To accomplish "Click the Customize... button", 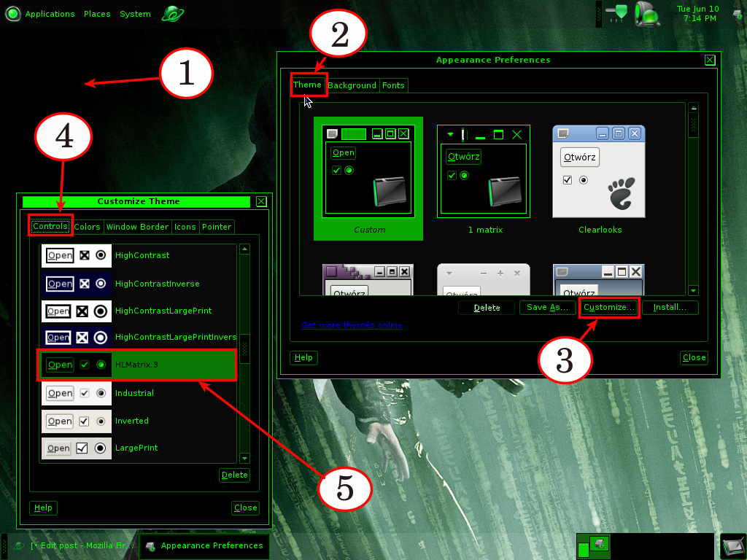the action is pos(609,308).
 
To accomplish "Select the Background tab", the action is pos(352,85).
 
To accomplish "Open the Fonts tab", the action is pos(393,85).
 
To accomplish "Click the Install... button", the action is pos(670,308).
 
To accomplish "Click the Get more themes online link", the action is pos(352,325).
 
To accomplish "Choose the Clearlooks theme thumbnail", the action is pos(599,171).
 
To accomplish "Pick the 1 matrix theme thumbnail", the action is pos(484,171).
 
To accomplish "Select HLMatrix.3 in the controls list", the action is pos(137,365).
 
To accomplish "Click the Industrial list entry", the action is pos(134,393).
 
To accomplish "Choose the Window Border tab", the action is pos(137,227).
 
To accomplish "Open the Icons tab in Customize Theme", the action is pos(185,227).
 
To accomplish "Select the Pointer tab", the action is pos(217,227).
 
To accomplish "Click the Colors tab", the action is pos(88,227).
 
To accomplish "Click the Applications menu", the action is pos(50,14).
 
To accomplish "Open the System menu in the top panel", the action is pos(135,14).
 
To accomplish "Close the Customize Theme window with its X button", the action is pos(261,201).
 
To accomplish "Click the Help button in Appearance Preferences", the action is pos(303,357).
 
